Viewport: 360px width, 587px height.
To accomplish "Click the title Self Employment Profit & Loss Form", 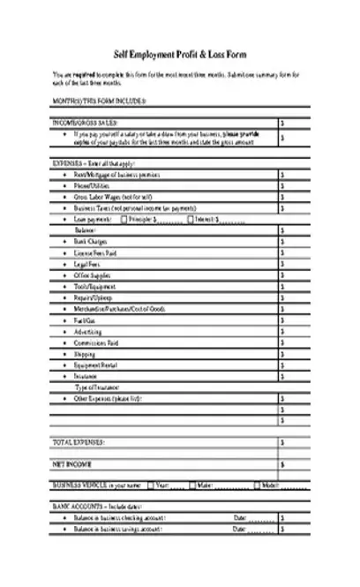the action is [180, 54].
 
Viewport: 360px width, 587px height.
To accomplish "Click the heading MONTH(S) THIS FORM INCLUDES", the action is [99, 102].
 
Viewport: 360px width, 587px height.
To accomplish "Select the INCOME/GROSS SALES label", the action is [86, 123].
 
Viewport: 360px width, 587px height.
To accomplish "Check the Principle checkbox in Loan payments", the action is [124, 219].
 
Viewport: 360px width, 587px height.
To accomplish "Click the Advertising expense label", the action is [88, 333].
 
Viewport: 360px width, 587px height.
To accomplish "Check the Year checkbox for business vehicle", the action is [151, 485].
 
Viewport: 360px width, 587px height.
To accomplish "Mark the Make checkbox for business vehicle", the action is [191, 485].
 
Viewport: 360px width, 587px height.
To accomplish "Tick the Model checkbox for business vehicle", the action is [258, 485].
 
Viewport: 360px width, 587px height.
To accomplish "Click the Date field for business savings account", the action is [259, 529].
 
